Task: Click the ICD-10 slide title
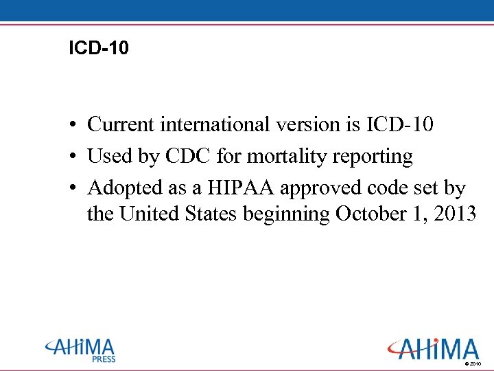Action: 99,48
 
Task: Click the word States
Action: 209,214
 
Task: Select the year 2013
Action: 451,214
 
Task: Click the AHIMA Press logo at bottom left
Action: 81,349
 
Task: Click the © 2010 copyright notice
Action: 473,363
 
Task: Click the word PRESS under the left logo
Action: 104,359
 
